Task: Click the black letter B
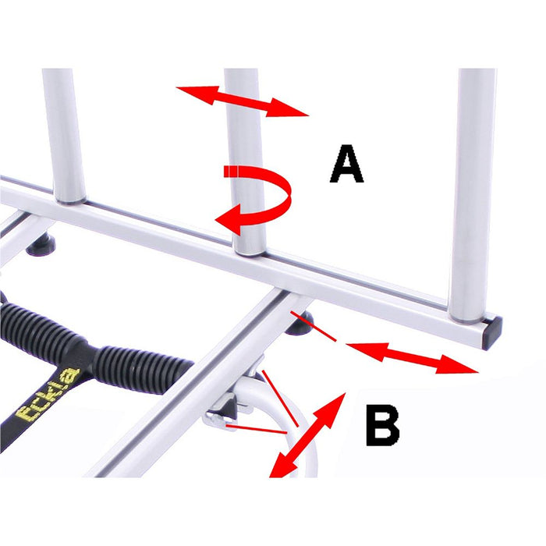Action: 382,426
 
